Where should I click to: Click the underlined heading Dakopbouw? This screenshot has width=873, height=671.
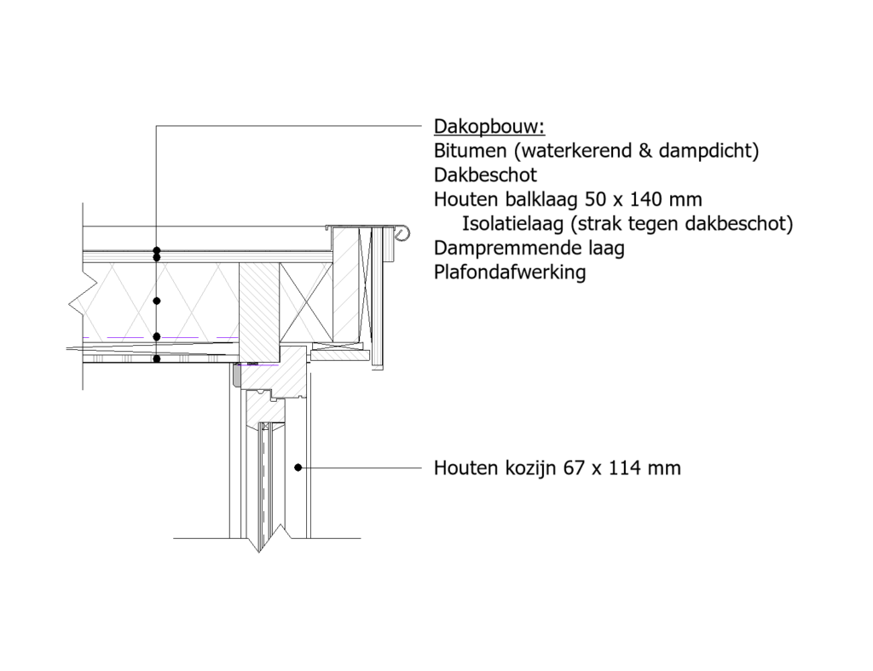coord(489,127)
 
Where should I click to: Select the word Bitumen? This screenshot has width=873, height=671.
coord(463,151)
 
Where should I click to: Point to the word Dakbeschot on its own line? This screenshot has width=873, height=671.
coord(485,175)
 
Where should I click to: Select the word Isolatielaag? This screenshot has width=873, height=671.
coord(512,223)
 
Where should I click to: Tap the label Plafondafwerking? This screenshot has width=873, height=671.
coord(510,272)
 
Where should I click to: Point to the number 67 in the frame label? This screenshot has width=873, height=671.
coord(574,468)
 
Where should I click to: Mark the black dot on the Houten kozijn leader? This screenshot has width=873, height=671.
coord(298,467)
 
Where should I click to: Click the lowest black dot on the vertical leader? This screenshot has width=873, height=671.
coord(157,359)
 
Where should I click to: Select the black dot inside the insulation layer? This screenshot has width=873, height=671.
coord(157,301)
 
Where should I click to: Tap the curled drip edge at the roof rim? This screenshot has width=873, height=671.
coord(402,233)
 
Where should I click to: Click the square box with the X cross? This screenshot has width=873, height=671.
coord(306,302)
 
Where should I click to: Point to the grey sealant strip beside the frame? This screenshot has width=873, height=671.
coord(237,375)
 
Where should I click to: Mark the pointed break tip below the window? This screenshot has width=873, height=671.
coord(259,552)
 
